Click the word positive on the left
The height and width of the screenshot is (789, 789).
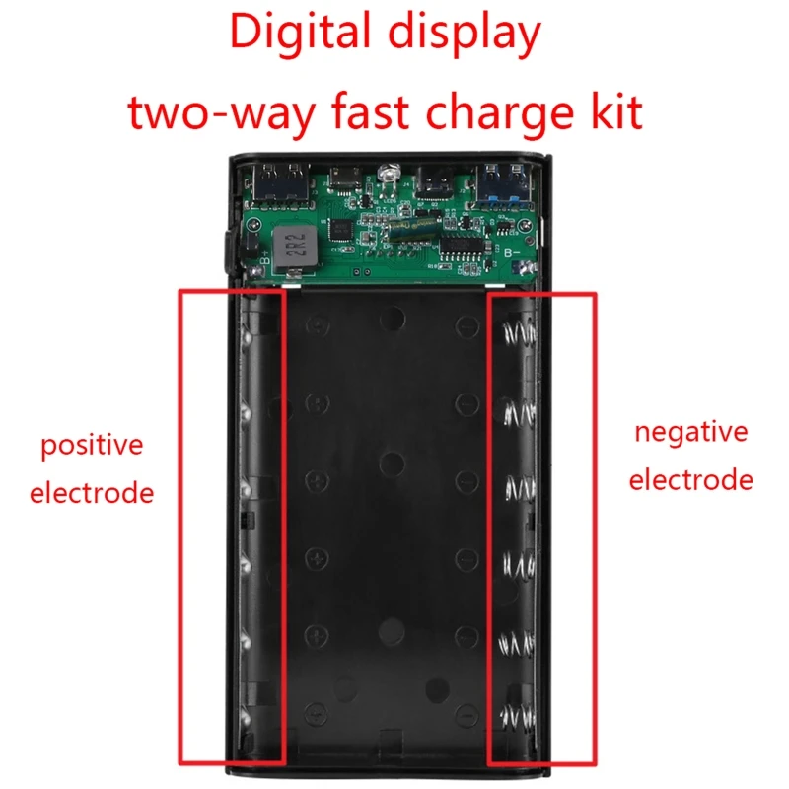[92, 446]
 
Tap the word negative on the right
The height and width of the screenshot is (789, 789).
[690, 432]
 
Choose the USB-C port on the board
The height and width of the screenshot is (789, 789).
[434, 181]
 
